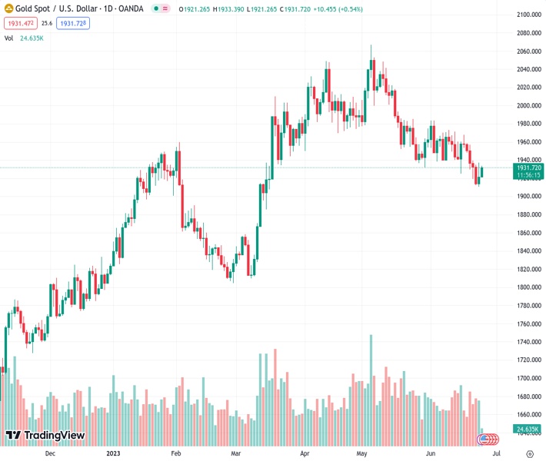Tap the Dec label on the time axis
click(50, 453)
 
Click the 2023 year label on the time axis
click(114, 453)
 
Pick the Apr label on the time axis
click(305, 453)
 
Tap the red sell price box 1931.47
click(20, 24)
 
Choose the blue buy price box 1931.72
click(73, 24)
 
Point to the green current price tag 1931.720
click(529, 167)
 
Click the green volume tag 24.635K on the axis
click(528, 428)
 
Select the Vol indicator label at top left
click(8, 38)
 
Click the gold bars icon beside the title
click(8, 9)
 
